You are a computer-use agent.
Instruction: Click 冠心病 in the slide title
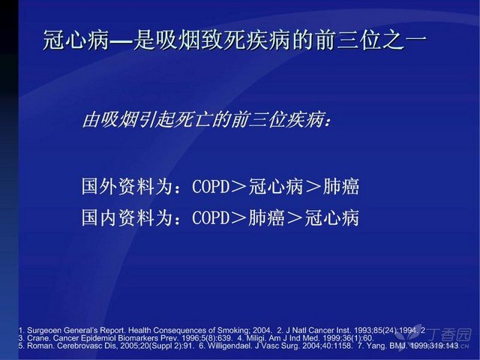(75, 40)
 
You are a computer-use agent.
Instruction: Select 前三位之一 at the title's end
(371, 40)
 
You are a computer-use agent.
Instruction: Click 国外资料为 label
(126, 186)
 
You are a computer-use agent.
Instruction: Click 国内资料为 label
(126, 217)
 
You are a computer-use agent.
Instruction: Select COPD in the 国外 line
(211, 186)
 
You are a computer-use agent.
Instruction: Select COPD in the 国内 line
(211, 217)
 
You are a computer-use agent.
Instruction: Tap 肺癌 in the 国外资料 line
(341, 186)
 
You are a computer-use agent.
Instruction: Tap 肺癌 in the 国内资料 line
(266, 217)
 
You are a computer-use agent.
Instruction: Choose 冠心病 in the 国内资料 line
(331, 217)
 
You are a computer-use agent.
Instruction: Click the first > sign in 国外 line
(238, 187)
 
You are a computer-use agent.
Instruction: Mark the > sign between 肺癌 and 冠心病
(295, 218)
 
